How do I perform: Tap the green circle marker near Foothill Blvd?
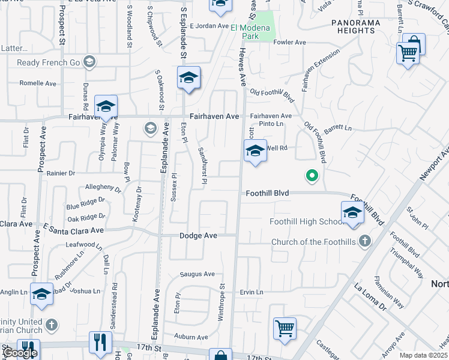tap(312, 175)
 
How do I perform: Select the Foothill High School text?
tap(306, 221)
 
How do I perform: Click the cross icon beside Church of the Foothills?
tap(364, 242)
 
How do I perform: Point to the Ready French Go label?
tap(47, 62)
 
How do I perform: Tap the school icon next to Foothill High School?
tap(352, 213)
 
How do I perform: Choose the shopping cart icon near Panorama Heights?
tap(408, 52)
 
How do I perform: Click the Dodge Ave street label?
tap(198, 236)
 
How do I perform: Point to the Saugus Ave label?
tap(197, 274)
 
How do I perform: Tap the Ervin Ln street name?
tap(252, 292)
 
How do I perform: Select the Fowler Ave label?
tap(289, 43)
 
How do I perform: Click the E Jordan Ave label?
tap(209, 26)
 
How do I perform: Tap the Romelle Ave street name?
tap(37, 83)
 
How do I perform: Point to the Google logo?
tap(20, 353)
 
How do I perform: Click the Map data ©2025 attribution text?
tap(423, 355)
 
